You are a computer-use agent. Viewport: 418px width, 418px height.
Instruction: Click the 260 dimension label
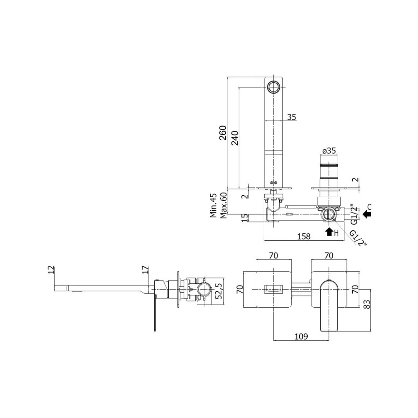click(223, 133)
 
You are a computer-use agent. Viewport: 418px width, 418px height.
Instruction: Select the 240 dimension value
click(235, 138)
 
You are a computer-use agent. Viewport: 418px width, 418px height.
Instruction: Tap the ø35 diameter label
click(329, 150)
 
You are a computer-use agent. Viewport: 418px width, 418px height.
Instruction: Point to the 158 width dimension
click(304, 236)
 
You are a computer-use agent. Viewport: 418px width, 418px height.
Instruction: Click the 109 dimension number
click(301, 336)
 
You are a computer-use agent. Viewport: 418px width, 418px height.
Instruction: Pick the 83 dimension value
click(367, 304)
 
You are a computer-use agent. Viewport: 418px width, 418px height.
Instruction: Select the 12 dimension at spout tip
click(51, 270)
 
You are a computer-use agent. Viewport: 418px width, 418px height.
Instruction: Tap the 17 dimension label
click(145, 270)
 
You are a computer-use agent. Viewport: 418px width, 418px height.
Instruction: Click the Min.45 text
click(213, 206)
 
